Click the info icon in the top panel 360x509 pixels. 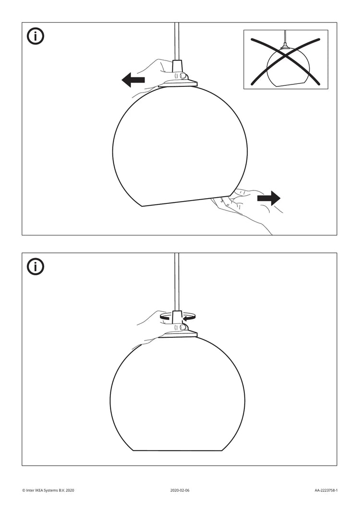click(x=36, y=36)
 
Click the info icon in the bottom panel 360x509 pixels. click(x=36, y=267)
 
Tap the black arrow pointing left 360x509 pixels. click(x=133, y=80)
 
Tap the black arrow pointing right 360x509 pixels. click(x=269, y=198)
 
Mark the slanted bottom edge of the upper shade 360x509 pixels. click(x=178, y=201)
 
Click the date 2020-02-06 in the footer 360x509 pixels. click(x=180, y=490)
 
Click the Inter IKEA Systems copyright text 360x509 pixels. click(x=48, y=490)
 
